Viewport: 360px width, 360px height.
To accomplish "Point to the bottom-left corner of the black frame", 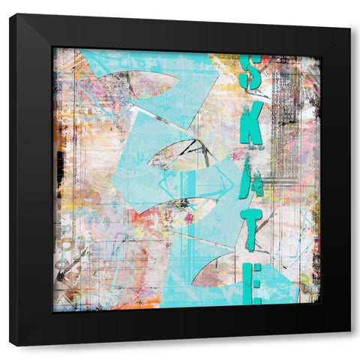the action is tap(10, 346).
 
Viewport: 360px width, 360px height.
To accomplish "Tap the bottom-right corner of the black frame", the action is tap(349, 331).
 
